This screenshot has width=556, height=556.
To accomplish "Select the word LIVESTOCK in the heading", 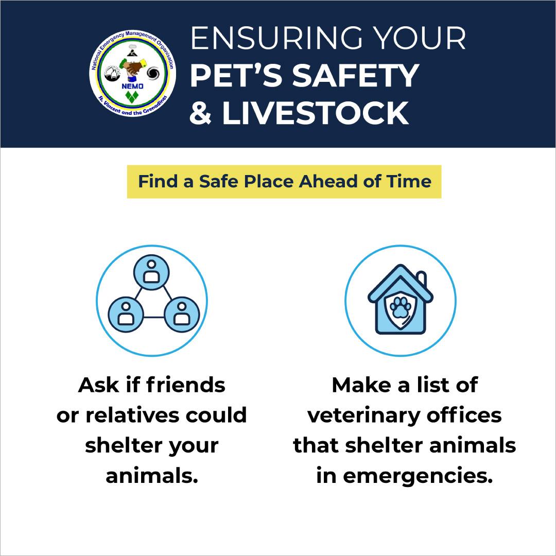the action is click(x=315, y=113).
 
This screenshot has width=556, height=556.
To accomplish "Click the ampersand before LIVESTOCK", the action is click(x=201, y=113).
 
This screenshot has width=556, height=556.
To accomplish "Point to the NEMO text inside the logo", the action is click(x=132, y=86).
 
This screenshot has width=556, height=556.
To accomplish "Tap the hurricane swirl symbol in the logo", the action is click(x=153, y=74).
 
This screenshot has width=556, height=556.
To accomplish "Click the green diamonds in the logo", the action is click(x=132, y=97).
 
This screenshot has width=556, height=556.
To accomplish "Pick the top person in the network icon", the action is click(x=151, y=272).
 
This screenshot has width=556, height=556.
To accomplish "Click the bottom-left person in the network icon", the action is click(x=126, y=315).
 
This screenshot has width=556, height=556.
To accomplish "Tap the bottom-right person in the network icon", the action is click(x=182, y=315).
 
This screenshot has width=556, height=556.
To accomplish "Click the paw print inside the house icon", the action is click(x=401, y=307).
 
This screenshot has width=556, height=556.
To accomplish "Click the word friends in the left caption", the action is click(x=185, y=385).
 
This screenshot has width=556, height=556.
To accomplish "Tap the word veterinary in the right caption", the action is click(x=363, y=415).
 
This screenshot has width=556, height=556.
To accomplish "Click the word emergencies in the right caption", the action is click(x=418, y=476).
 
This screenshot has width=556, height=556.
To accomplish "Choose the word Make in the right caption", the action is click(x=362, y=385).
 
